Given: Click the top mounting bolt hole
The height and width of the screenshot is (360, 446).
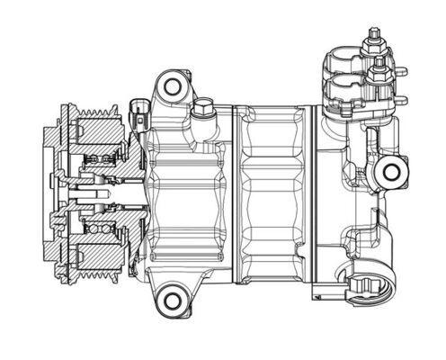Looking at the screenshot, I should coord(172,86).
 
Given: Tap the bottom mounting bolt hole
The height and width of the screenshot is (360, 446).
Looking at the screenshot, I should coord(170,298).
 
